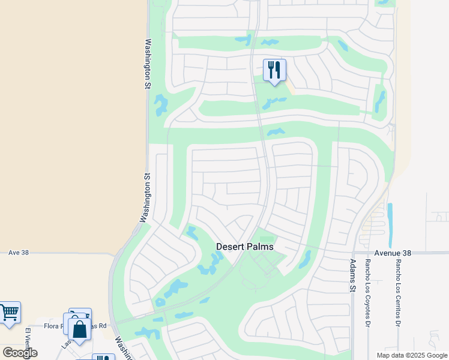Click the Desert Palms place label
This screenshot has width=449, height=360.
[244, 247]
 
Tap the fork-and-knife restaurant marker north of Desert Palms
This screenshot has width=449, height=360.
[274, 70]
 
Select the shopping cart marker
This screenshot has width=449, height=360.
[9, 313]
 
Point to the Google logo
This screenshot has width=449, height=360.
[20, 353]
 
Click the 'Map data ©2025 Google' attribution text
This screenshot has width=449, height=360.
[411, 355]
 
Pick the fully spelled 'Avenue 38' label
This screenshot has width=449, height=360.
[393, 253]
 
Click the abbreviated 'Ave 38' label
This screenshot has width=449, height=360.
[19, 253]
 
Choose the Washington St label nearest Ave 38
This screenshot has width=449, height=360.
[144, 199]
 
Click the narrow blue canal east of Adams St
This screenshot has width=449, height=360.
[390, 219]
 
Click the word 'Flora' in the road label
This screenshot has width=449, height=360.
[53, 326]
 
